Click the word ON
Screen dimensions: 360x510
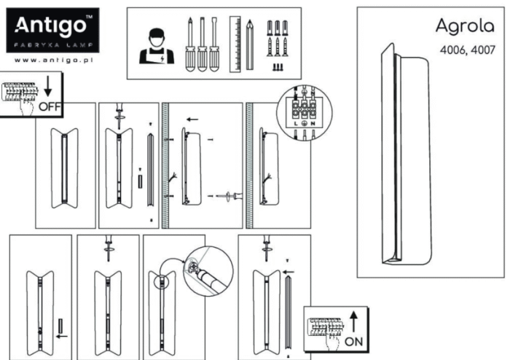353,340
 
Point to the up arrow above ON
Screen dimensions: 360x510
353,320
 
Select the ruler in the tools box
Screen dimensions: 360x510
235,44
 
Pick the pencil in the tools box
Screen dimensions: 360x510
249,45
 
